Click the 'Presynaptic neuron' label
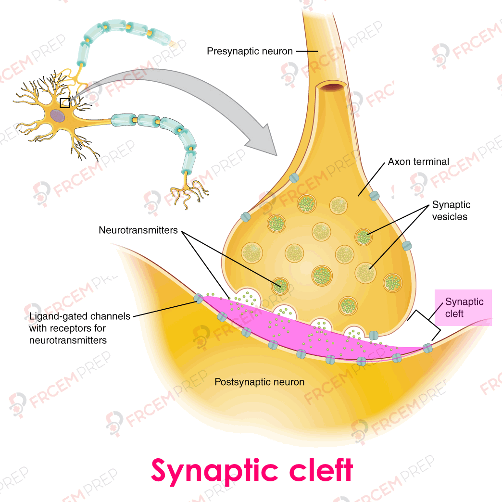point(250,51)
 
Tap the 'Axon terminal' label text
point(418,162)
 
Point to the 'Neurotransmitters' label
point(138,230)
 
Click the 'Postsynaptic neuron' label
point(259,382)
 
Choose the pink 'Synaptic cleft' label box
point(464,308)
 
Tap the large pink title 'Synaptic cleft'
point(252,470)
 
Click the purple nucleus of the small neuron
point(58,115)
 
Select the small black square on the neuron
point(64,103)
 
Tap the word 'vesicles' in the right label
point(450,217)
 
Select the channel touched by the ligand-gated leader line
point(198,299)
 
